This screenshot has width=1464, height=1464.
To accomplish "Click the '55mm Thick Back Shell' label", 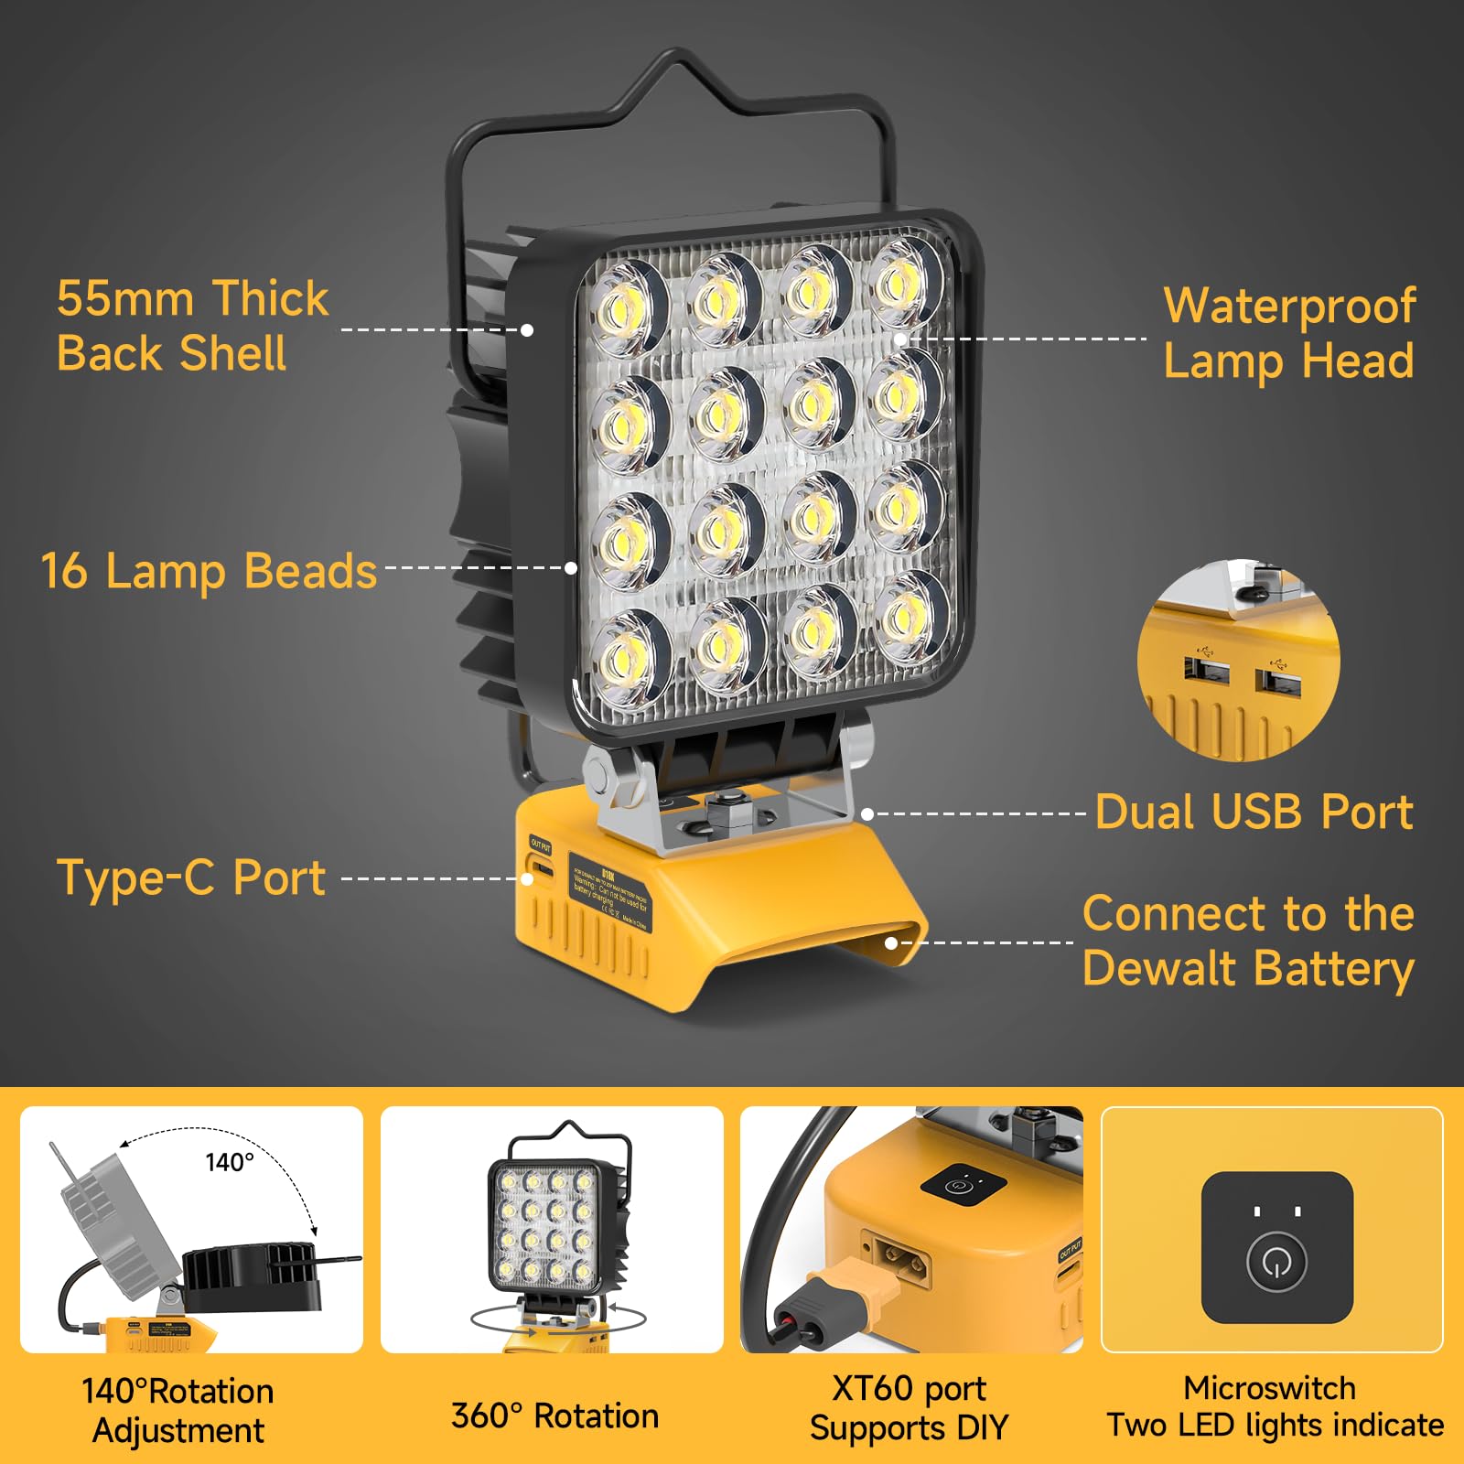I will (x=192, y=326).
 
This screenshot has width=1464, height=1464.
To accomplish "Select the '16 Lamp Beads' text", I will (x=209, y=571).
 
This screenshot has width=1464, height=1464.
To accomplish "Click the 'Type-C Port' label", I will (x=191, y=877).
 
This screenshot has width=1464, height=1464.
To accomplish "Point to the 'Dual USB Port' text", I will (x=1254, y=812).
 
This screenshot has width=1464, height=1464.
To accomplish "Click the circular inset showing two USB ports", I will (x=1238, y=661).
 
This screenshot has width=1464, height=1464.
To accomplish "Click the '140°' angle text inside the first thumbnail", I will (x=229, y=1162).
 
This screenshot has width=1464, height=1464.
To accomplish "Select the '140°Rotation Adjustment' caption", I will (x=178, y=1410).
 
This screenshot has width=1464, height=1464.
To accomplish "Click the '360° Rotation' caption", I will (x=554, y=1416).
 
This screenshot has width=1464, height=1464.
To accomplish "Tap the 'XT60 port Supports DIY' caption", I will (x=909, y=1408).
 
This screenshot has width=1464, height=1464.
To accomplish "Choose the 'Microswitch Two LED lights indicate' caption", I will (x=1274, y=1406).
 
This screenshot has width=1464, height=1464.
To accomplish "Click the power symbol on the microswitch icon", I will (x=1276, y=1264).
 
